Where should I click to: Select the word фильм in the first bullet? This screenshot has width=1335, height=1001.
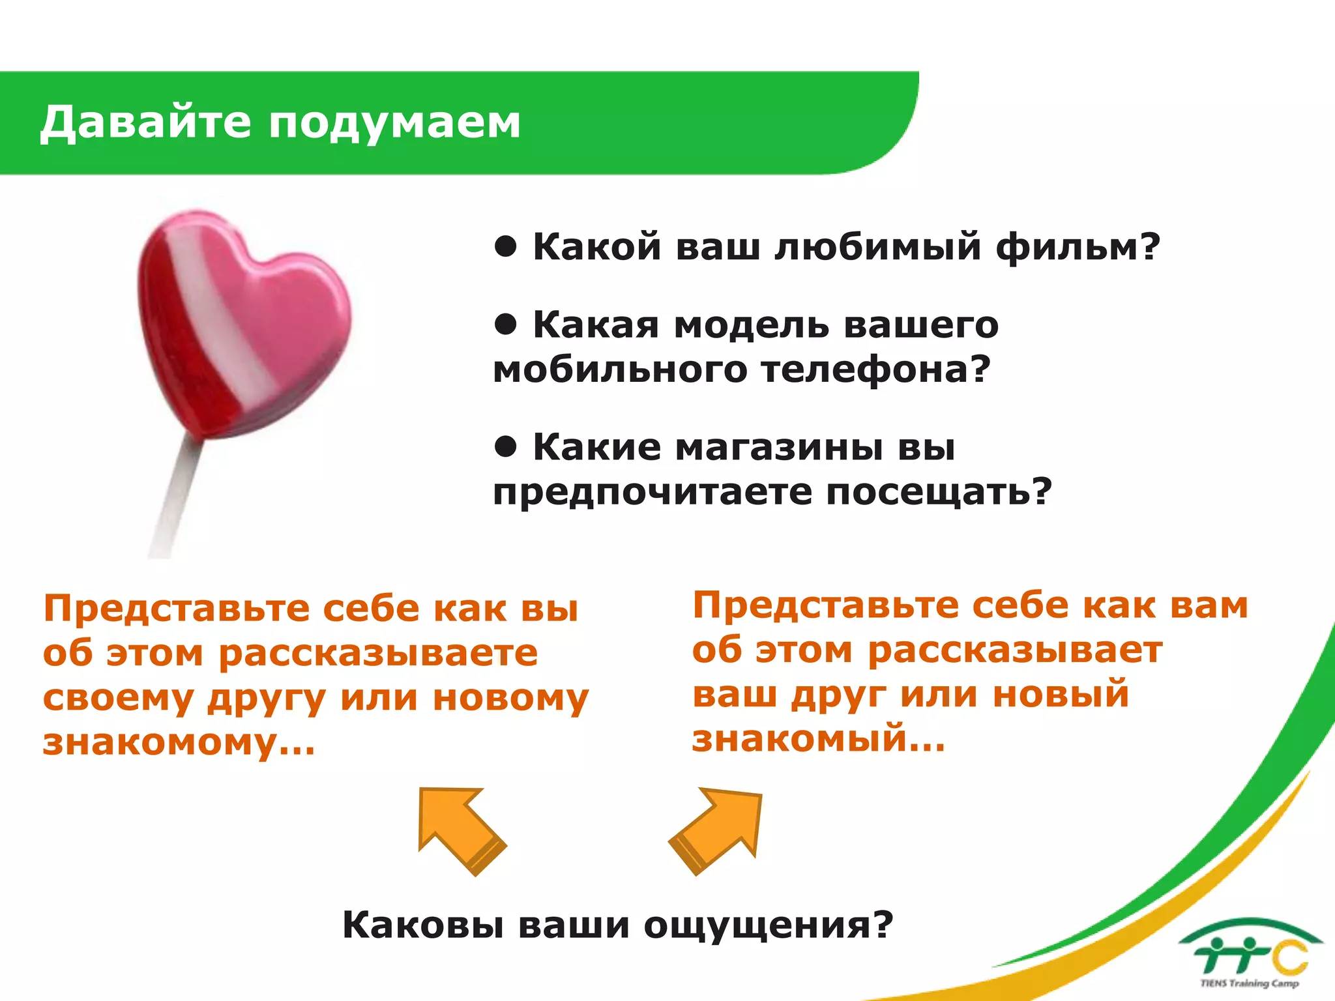coord(1069,248)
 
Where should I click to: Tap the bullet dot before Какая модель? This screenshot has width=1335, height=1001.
coord(506,323)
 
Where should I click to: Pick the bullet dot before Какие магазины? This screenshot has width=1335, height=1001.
coord(506,446)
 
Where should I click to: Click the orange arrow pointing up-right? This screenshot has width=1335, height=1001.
coord(717,830)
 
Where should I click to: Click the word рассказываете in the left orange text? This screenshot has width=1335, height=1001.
coord(378,654)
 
